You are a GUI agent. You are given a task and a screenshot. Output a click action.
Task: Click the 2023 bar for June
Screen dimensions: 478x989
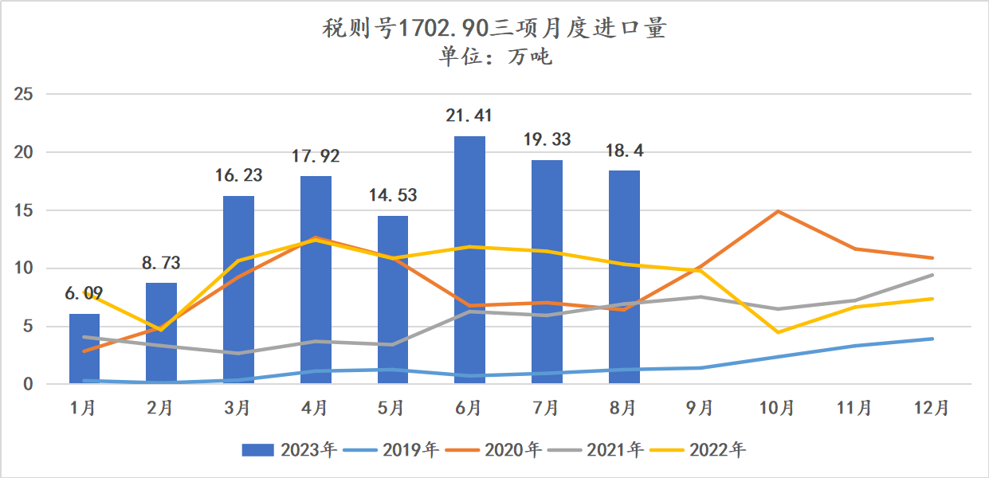[469, 260]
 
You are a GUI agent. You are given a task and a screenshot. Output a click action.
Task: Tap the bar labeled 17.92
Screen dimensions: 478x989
[316, 280]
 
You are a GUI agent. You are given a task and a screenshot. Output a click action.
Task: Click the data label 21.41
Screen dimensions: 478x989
[469, 116]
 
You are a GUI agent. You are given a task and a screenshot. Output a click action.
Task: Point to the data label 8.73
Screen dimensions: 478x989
[161, 262]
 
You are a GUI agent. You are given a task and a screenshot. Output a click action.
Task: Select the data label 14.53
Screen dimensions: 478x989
[392, 195]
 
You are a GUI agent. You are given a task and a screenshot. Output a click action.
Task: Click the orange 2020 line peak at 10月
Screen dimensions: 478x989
[778, 211]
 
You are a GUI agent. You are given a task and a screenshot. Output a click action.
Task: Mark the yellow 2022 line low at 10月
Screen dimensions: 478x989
[778, 332]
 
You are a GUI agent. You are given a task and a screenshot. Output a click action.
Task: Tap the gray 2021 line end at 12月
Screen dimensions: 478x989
[933, 275]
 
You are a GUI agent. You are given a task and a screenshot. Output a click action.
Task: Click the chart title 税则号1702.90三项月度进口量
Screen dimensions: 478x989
[494, 29]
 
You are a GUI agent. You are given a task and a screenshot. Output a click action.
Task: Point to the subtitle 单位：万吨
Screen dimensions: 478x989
[494, 57]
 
